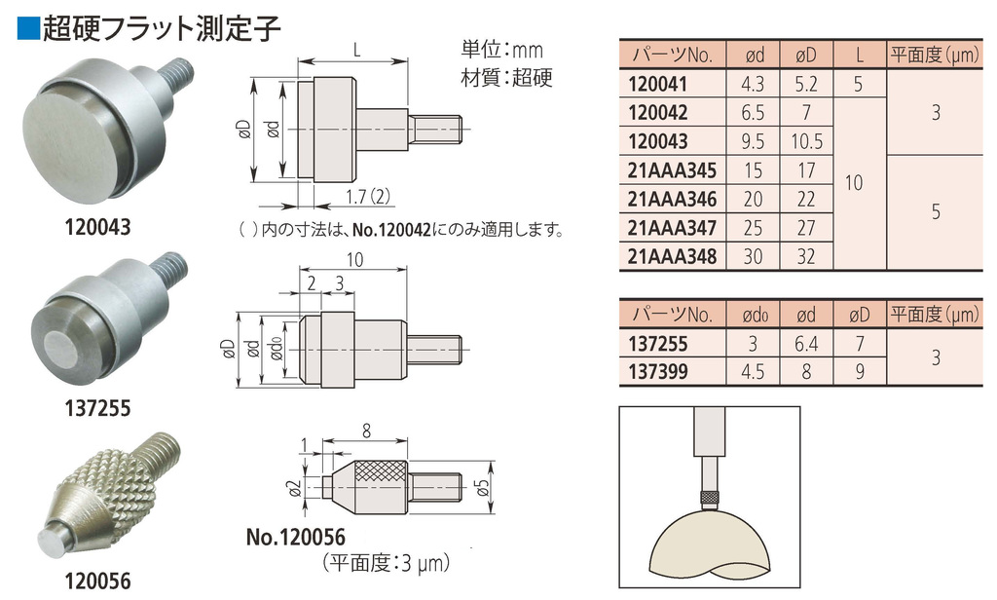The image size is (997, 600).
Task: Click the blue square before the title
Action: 28,28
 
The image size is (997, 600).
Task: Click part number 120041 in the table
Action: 657,84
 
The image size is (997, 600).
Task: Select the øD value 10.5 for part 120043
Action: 806,141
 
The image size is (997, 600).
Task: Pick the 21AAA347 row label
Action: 672,228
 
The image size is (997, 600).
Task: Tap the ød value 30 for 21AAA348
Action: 753,256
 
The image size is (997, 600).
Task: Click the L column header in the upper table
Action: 860,56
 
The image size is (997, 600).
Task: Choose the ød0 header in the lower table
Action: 755,315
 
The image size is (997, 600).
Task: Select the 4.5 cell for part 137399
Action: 753,371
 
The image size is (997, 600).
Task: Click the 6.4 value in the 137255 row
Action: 806,344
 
